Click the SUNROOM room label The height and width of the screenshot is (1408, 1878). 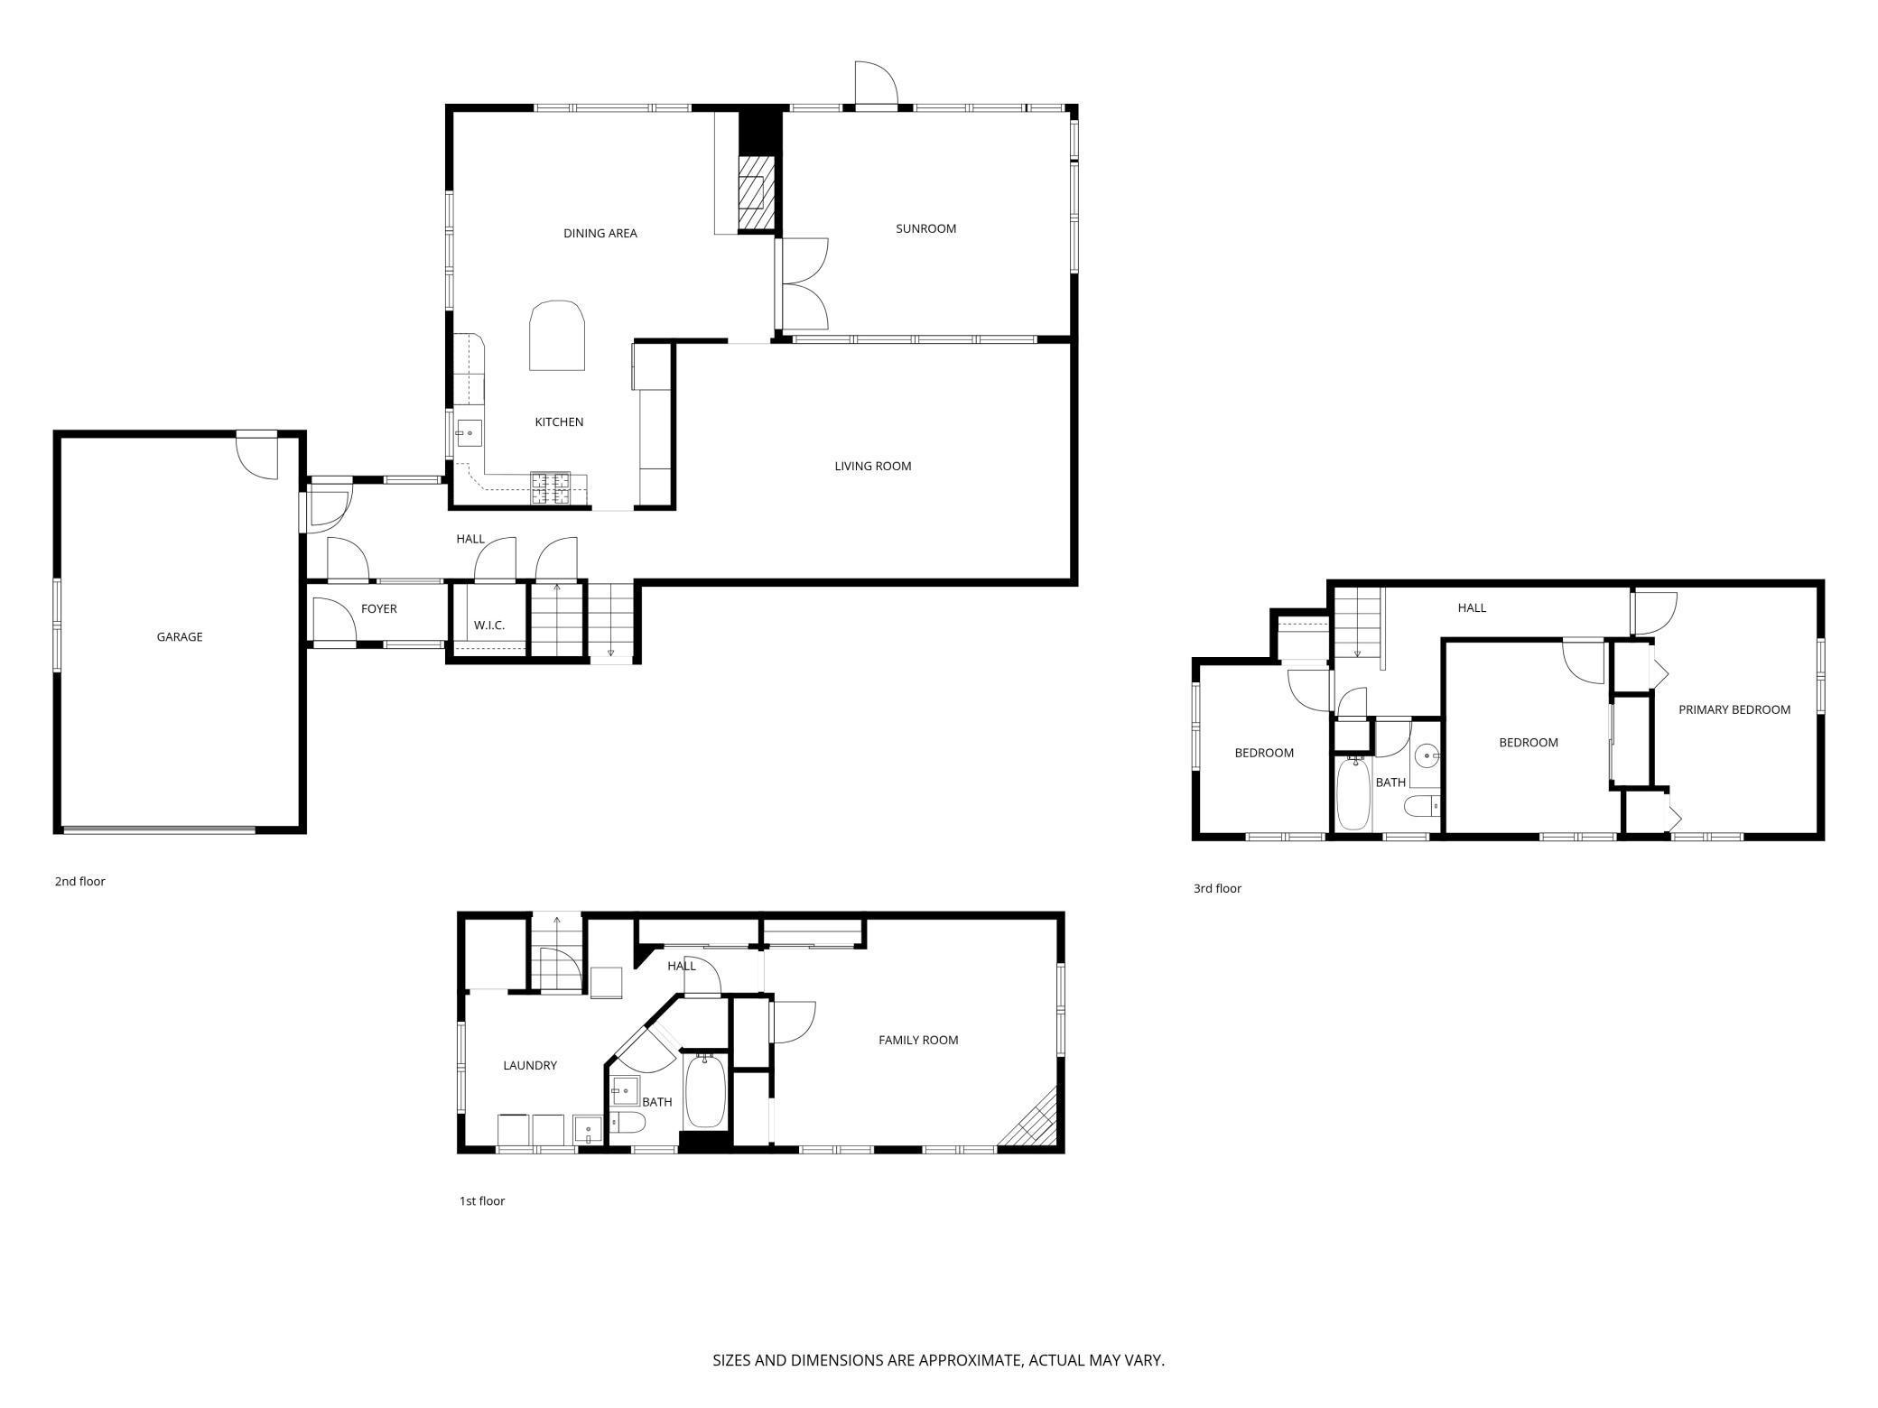pyautogui.click(x=925, y=228)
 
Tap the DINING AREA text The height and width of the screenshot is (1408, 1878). pyautogui.click(x=600, y=233)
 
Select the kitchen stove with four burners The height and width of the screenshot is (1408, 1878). pyautogui.click(x=551, y=488)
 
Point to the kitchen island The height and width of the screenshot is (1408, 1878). pyautogui.click(x=556, y=336)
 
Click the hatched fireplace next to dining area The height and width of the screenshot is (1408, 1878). pyautogui.click(x=757, y=194)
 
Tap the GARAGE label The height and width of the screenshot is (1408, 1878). pyautogui.click(x=179, y=636)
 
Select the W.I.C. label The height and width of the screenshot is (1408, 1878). pyautogui.click(x=488, y=625)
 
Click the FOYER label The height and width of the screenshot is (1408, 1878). pyautogui.click(x=378, y=608)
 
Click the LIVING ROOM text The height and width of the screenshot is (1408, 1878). pyautogui.click(x=872, y=466)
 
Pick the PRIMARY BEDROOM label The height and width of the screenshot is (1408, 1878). pyautogui.click(x=1734, y=709)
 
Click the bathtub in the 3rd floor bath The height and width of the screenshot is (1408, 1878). pyautogui.click(x=1353, y=794)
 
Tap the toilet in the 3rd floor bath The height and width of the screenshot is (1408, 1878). pyautogui.click(x=1421, y=804)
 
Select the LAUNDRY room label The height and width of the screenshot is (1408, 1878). pyautogui.click(x=529, y=1065)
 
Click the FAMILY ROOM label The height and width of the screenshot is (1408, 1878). pyautogui.click(x=917, y=1040)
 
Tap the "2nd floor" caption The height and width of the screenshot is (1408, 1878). pyautogui.click(x=79, y=881)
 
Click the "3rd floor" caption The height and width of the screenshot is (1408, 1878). pyautogui.click(x=1216, y=888)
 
